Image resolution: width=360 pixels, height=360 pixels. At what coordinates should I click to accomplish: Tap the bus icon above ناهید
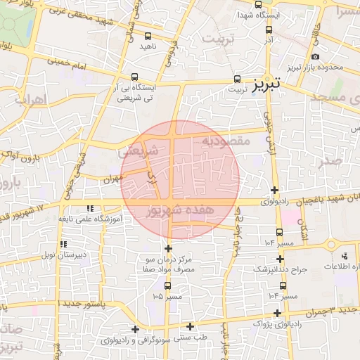pyautogui.click(x=148, y=36)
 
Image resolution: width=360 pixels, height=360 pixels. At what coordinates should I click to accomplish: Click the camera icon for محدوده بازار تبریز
pyautogui.click(x=315, y=56)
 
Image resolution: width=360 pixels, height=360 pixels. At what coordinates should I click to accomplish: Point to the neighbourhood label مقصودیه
pyautogui.click(x=226, y=141)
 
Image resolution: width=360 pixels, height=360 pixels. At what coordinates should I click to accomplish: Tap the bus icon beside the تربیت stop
pyautogui.click(x=237, y=79)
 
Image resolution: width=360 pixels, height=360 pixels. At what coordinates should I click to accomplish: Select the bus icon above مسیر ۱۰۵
pyautogui.click(x=167, y=285)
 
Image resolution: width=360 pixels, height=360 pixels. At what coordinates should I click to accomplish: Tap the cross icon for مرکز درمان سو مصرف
pyautogui.click(x=168, y=248)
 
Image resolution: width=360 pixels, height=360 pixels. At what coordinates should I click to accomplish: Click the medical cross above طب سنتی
pyautogui.click(x=191, y=326)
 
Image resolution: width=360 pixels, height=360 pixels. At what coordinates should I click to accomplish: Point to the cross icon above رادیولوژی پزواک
pyautogui.click(x=278, y=313)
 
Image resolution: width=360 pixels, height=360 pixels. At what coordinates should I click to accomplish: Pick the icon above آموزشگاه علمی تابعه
pyautogui.click(x=89, y=209)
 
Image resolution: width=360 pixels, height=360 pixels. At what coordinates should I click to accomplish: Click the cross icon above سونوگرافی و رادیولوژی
pyautogui.click(x=134, y=329)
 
